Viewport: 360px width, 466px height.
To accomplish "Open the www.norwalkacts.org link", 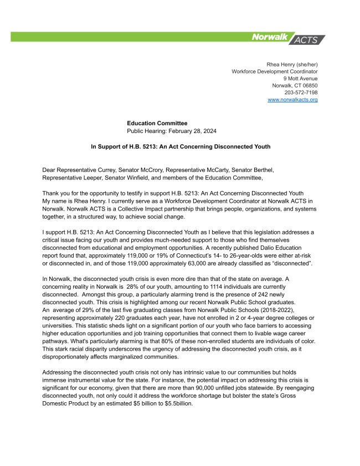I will (292, 99).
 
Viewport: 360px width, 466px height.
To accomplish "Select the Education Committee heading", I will (157, 123).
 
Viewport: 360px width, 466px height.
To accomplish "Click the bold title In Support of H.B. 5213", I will (181, 147).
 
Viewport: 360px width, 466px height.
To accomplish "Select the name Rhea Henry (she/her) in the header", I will (292, 64).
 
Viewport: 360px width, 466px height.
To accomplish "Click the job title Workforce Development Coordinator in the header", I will (275, 71).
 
